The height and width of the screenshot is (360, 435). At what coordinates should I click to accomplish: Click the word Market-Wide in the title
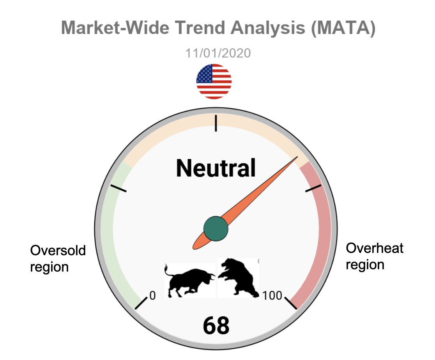[x=115, y=28]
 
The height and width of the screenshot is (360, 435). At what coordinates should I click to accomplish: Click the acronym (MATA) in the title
[x=343, y=28]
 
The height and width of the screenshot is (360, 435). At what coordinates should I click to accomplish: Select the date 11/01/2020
[x=218, y=53]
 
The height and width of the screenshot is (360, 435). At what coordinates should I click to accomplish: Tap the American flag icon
[x=214, y=81]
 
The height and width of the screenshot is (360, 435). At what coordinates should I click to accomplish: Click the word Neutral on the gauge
[x=216, y=168]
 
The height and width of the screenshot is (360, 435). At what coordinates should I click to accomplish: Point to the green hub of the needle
[x=216, y=229]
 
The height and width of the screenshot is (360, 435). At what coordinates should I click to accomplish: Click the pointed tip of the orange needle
[x=297, y=157]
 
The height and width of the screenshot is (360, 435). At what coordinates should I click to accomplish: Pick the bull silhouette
[x=190, y=281]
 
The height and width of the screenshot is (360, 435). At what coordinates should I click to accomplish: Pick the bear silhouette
[x=238, y=278]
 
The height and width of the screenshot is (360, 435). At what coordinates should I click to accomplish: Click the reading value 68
[x=216, y=325]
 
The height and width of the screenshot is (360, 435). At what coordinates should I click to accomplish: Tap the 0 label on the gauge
[x=152, y=296]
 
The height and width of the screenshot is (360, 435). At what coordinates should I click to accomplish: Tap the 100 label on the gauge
[x=272, y=296]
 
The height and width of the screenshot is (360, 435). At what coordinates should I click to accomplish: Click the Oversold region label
[x=58, y=258]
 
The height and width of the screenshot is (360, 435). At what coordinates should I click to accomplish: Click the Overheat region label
[x=374, y=256]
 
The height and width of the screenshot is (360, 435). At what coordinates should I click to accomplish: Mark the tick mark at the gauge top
[x=216, y=123]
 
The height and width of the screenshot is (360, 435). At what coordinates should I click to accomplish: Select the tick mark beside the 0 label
[x=141, y=303]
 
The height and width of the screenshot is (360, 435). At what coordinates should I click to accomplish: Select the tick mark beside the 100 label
[x=291, y=303]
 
